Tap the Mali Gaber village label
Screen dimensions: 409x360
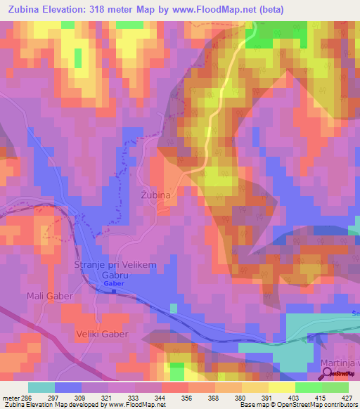point(50,296)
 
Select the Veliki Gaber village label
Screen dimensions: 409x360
point(103,334)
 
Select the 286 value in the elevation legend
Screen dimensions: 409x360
point(27,397)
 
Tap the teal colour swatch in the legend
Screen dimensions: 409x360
point(41,387)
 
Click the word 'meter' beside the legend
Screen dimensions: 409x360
point(11,397)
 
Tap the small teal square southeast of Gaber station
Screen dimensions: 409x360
point(173,307)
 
